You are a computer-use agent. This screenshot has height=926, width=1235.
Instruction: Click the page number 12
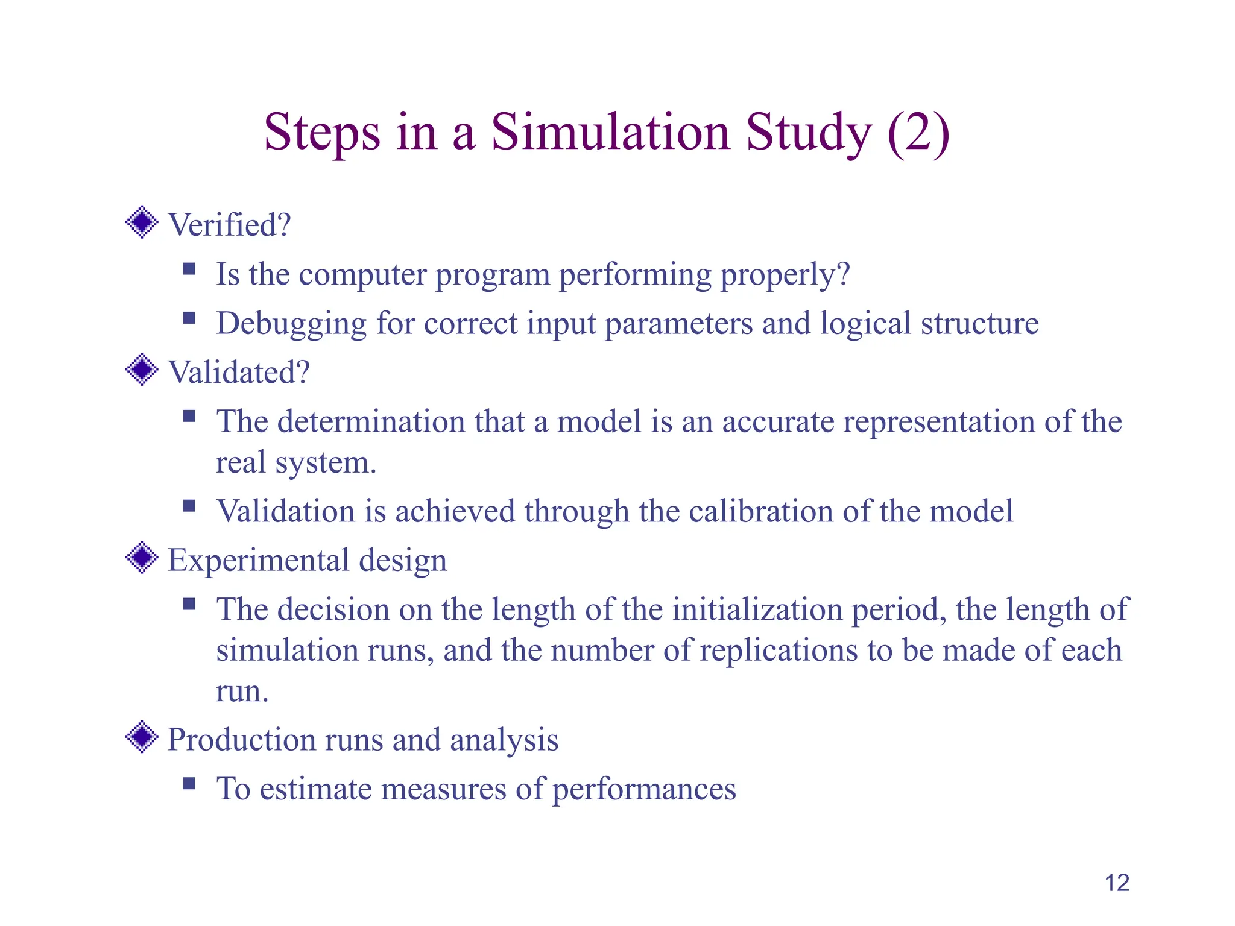[x=1116, y=883]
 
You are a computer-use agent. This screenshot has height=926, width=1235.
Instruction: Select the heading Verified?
[x=229, y=225]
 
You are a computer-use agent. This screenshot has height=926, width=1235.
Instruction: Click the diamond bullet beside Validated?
[x=142, y=370]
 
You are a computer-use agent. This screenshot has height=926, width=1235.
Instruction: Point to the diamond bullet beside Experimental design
[x=142, y=557]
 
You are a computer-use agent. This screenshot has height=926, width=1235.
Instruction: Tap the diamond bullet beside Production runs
[x=142, y=737]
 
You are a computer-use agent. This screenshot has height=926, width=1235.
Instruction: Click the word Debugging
[x=291, y=324]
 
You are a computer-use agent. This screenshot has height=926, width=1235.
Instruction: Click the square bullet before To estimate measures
[x=189, y=783]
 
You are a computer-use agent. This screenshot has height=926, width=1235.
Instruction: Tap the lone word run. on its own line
[x=242, y=691]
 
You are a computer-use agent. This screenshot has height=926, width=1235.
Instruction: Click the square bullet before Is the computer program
[x=189, y=269]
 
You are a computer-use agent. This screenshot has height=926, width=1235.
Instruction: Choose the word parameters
[x=678, y=324]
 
